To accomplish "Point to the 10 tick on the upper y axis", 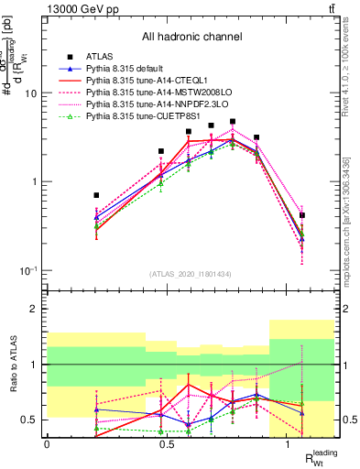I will click(x=30, y=93).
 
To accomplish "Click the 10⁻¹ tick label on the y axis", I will click(x=27, y=271).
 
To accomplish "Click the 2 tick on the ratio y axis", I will click(x=33, y=310).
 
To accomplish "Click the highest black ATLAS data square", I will click(x=234, y=121).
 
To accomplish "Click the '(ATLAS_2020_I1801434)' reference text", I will click(x=191, y=275).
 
